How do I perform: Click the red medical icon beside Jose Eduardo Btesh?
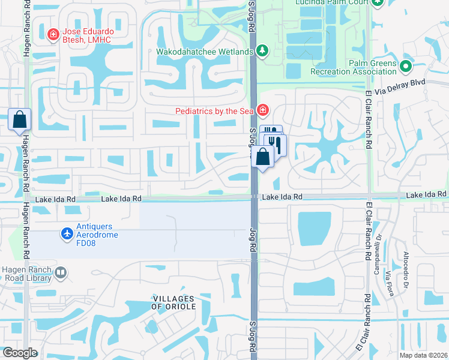tap(53, 35)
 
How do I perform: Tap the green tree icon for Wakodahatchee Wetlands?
tap(262, 52)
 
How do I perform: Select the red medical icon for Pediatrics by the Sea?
tap(262, 110)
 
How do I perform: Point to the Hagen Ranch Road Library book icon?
tap(60, 274)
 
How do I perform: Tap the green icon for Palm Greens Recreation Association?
tap(406, 67)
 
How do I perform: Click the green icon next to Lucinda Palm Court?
tap(377, 3)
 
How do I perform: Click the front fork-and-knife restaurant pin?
tap(276, 145)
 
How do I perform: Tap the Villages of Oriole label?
tap(172, 302)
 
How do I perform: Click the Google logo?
tap(20, 353)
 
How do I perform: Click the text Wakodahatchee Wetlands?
tap(205, 52)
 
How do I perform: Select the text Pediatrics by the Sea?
tap(214, 111)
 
